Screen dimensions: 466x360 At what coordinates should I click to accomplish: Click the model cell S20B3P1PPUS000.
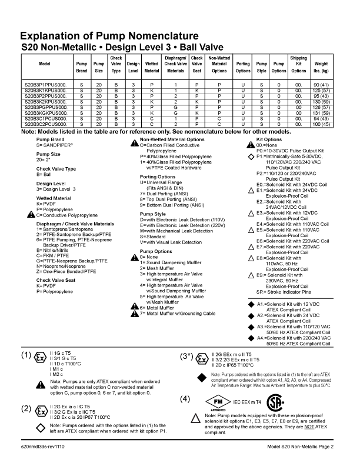[x=45, y=85]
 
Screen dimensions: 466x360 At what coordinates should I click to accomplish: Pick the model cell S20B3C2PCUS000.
[x=45, y=124]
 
